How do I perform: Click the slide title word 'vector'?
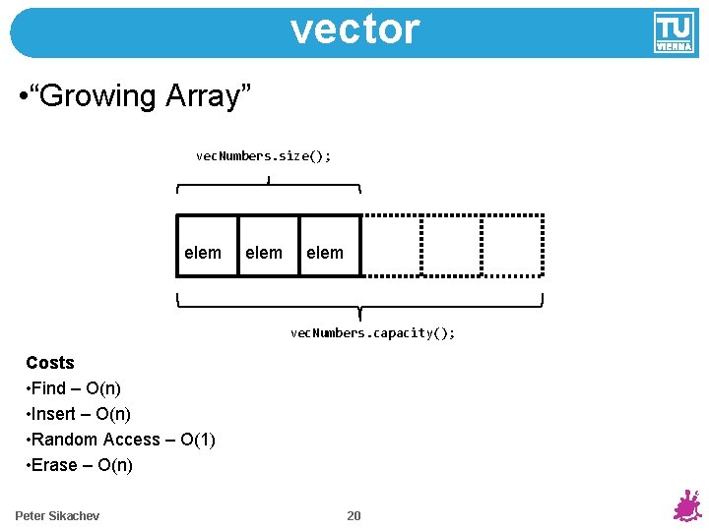[x=354, y=29]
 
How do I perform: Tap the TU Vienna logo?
[x=674, y=32]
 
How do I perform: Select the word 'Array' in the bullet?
[x=217, y=96]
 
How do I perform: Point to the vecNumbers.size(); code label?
[x=264, y=155]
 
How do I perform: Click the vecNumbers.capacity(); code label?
[x=372, y=332]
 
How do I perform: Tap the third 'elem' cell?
[x=329, y=245]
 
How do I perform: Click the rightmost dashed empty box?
[x=512, y=245]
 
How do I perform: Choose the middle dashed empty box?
[x=451, y=245]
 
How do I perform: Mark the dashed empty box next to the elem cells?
[x=391, y=245]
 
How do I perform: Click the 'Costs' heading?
[x=50, y=363]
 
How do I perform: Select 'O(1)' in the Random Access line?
[x=198, y=440]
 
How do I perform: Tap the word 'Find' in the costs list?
[x=49, y=388]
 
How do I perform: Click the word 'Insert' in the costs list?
[x=54, y=414]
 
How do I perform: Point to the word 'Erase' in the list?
[x=54, y=465]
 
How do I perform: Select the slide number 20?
[x=354, y=515]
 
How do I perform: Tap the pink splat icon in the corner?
[x=686, y=505]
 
